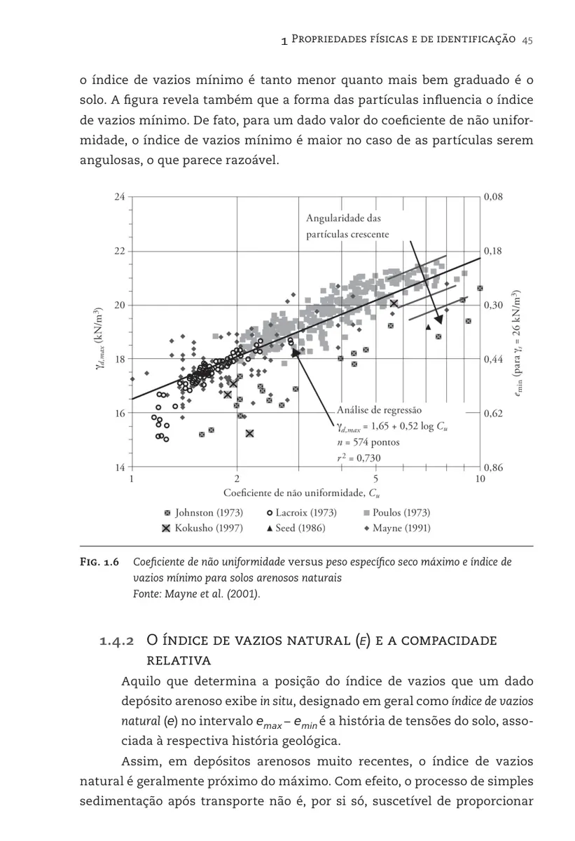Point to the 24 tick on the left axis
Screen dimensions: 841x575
pos(120,197)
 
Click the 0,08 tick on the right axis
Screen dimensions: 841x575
pos(493,197)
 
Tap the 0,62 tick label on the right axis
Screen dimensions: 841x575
pos(493,413)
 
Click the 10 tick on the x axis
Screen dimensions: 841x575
pos(480,479)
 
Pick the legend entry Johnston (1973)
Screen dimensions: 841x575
pos(203,513)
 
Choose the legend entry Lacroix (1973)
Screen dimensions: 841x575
pos(301,513)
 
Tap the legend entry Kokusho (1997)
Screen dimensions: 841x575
pos(203,528)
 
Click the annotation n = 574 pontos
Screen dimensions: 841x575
pos(368,442)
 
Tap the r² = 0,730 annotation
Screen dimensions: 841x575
pos(359,458)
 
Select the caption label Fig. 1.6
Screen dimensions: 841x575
pos(99,562)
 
